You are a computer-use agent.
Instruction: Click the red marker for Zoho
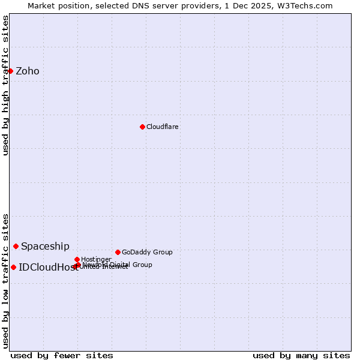coord(10,71)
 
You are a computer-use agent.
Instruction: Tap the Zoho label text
coord(28,71)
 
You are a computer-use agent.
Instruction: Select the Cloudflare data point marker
coord(142,127)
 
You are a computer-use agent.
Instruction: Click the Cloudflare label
coord(163,127)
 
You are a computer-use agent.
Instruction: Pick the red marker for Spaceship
coord(16,246)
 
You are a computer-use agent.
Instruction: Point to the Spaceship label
coord(45,247)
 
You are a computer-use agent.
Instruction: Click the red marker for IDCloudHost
coord(13,267)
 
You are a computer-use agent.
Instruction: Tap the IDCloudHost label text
coord(48,268)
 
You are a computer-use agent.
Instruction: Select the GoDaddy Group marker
coord(118,252)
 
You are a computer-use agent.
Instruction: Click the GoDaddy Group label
coord(147,253)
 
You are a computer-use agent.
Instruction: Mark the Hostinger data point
coord(77,259)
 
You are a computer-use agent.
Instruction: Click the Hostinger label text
coord(96,260)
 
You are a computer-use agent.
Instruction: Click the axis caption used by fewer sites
coord(62,355)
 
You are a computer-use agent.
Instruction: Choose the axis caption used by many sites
coord(301,355)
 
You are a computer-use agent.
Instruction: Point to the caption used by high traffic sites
coord(5,85)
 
